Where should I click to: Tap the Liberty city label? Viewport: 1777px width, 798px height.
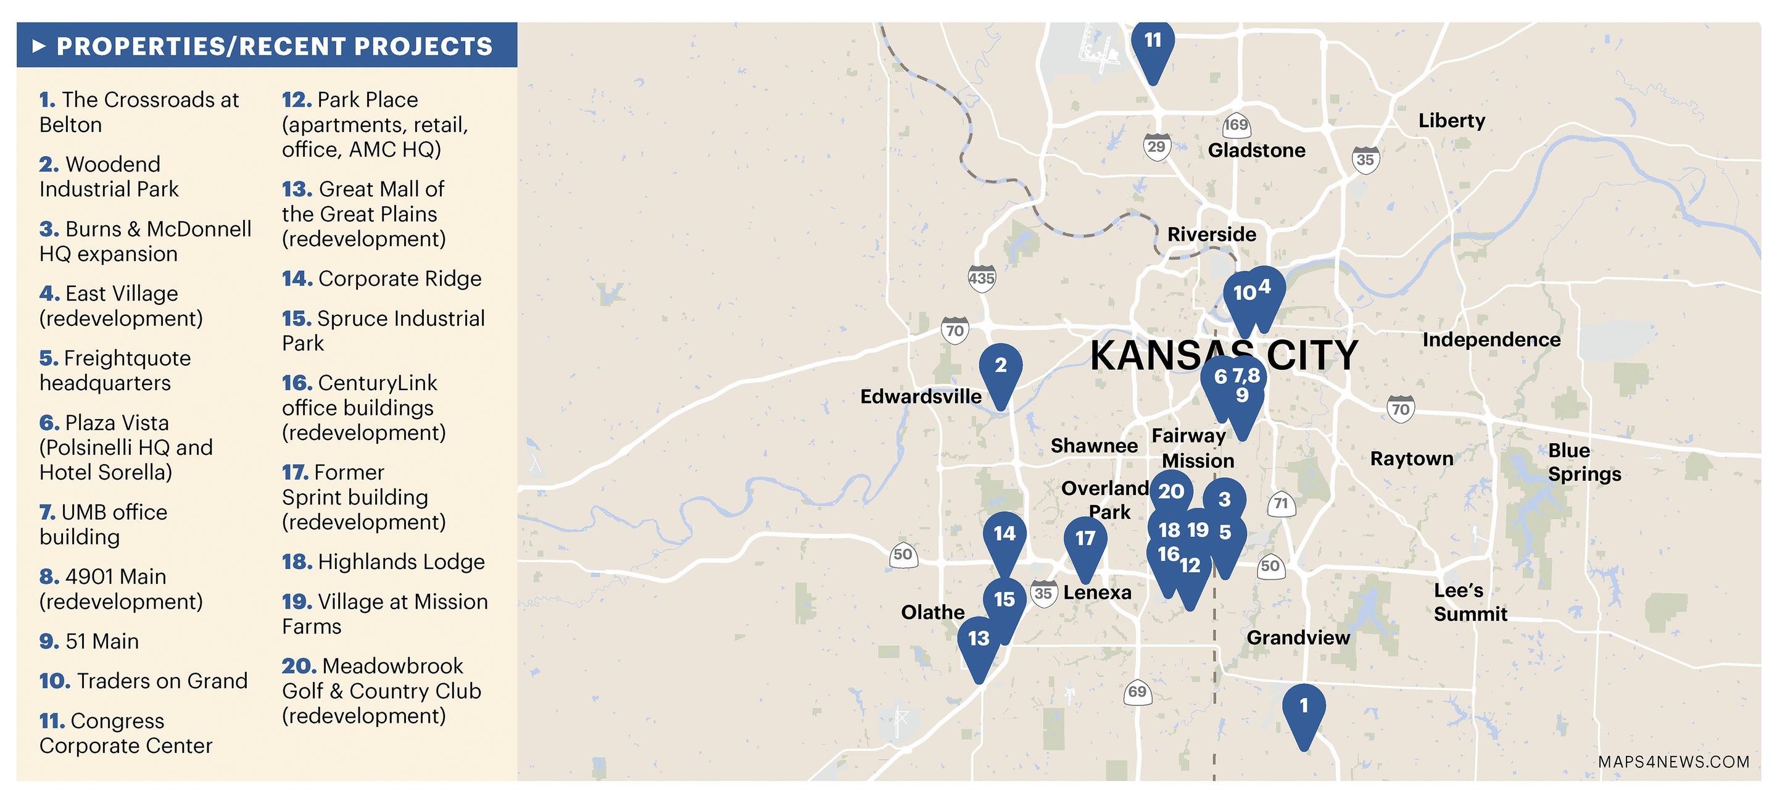click(1451, 121)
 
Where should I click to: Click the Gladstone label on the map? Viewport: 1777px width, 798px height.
click(1256, 151)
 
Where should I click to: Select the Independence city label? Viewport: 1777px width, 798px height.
click(1491, 339)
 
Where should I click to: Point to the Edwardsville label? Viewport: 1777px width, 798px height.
click(920, 397)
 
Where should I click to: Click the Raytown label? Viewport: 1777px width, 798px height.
click(1411, 459)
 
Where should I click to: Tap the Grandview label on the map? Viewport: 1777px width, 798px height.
click(1298, 638)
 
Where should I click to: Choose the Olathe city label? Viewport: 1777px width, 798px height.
click(933, 612)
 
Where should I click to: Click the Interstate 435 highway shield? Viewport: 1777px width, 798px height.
click(981, 278)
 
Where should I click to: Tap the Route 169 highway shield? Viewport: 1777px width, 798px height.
click(1235, 125)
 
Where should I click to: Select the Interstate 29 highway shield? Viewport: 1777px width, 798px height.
click(1156, 147)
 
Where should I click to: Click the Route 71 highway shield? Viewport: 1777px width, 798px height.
click(1281, 504)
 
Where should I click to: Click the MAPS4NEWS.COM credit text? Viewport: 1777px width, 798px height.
click(1673, 762)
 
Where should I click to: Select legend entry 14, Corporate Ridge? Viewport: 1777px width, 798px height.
click(381, 278)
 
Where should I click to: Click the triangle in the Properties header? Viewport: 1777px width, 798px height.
click(39, 46)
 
